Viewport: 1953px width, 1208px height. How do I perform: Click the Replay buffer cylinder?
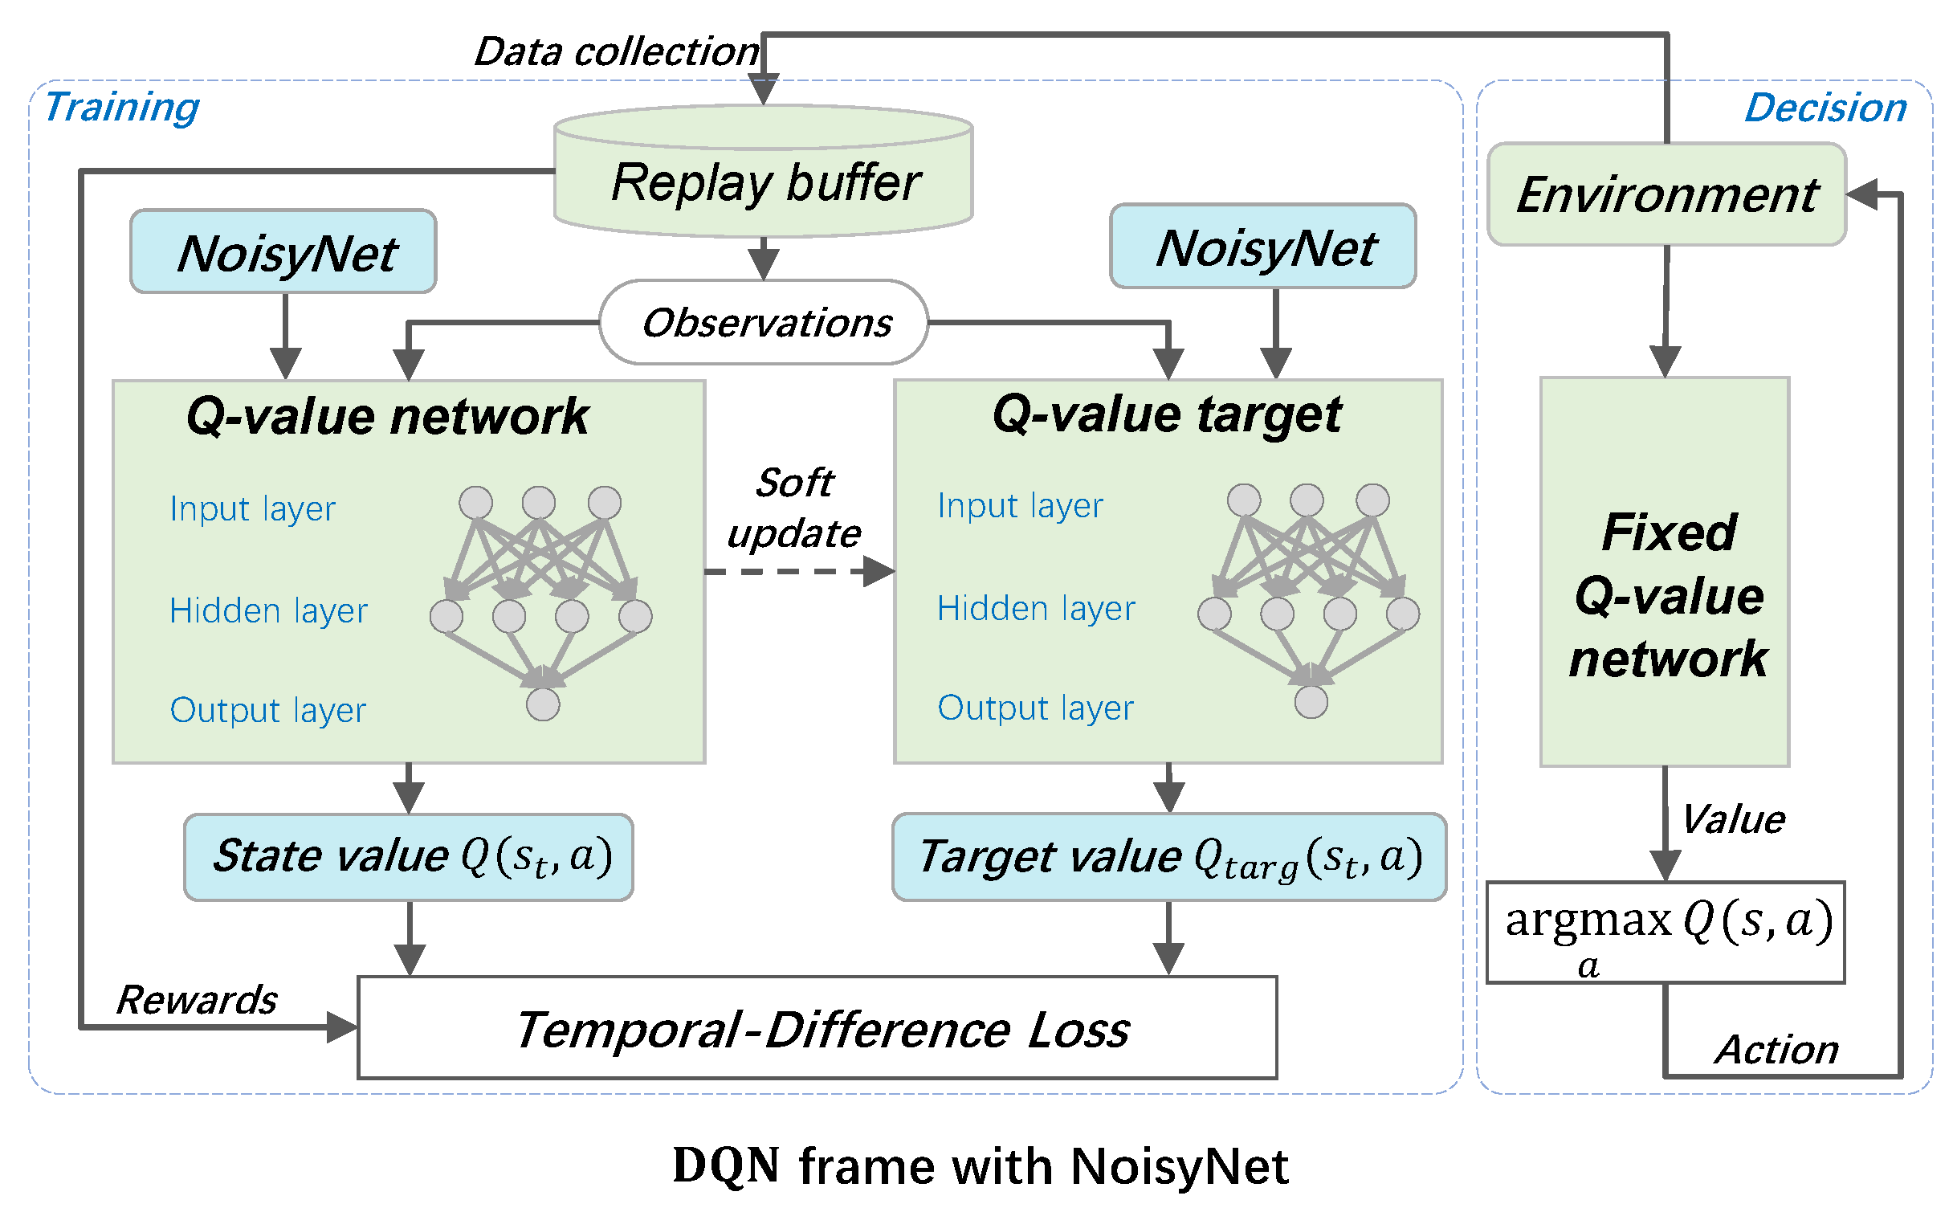click(x=763, y=182)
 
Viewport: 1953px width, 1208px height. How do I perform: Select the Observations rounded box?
click(x=764, y=323)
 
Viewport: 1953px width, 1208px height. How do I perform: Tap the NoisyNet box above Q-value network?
click(x=283, y=252)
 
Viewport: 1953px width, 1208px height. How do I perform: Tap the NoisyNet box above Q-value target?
click(x=1263, y=247)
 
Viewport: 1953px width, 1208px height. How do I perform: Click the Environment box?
click(x=1666, y=194)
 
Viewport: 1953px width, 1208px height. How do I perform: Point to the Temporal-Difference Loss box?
click(x=817, y=1028)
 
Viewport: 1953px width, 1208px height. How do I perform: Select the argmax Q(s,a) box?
click(x=1666, y=932)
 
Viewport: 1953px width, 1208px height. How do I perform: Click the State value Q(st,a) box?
click(x=409, y=856)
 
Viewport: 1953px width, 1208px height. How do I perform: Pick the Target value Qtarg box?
click(x=1169, y=857)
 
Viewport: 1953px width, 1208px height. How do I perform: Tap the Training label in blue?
click(x=121, y=107)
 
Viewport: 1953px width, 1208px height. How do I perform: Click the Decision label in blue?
click(x=1825, y=108)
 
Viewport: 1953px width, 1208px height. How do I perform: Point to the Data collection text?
click(x=616, y=52)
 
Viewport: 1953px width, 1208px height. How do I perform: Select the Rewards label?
click(x=197, y=1000)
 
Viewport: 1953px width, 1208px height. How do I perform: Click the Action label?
click(x=1776, y=1050)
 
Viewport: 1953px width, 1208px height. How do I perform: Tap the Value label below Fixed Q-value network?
click(x=1733, y=820)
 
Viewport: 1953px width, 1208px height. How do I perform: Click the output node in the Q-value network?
click(x=543, y=704)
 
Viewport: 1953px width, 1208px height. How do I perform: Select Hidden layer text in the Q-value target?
click(x=1036, y=608)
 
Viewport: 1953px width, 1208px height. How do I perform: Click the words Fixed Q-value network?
click(x=1669, y=595)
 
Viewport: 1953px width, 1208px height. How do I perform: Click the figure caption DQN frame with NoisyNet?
click(x=980, y=1166)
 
